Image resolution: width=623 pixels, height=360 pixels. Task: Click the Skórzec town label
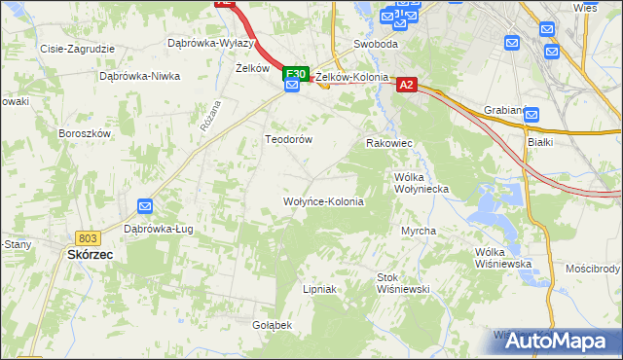click(x=90, y=254)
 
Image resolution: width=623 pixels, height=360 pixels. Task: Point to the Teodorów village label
click(x=289, y=139)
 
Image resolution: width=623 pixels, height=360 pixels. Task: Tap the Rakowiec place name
click(x=389, y=143)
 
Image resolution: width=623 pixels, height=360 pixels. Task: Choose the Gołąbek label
click(x=273, y=324)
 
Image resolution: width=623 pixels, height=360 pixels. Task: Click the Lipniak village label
click(x=319, y=289)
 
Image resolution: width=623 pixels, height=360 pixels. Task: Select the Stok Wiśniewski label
click(x=403, y=283)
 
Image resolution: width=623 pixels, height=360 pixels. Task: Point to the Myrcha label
click(x=419, y=231)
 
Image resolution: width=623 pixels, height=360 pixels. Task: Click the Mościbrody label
click(x=593, y=268)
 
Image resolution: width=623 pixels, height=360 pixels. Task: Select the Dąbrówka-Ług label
click(x=157, y=230)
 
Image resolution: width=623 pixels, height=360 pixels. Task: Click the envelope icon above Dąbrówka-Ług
click(x=145, y=206)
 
